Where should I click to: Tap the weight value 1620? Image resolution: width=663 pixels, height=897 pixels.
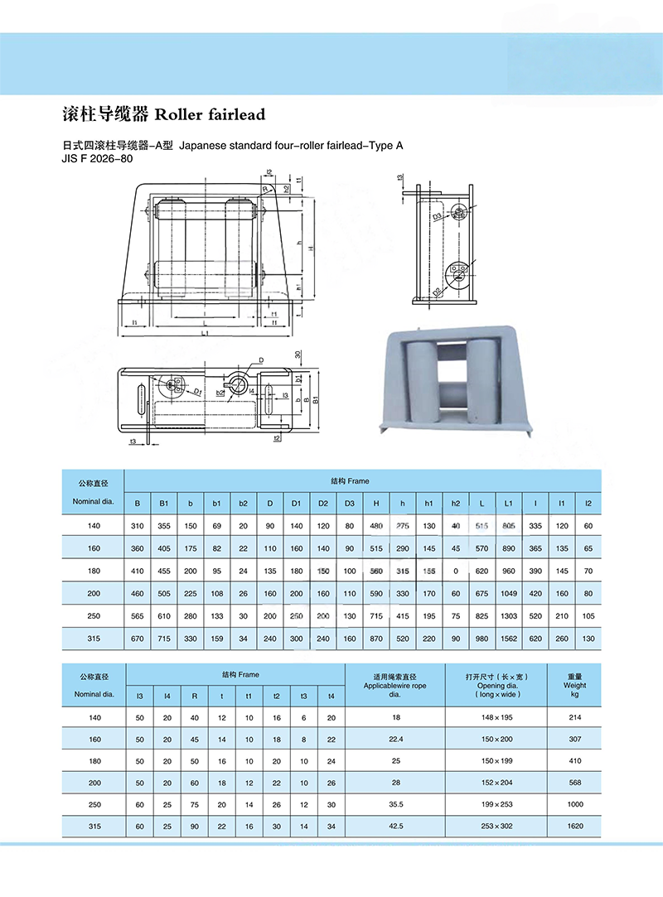[573, 825]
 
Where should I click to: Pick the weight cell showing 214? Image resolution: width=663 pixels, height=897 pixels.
[573, 717]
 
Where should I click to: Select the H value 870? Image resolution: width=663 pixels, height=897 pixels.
[376, 638]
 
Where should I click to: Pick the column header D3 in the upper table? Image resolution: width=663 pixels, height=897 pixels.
[349, 503]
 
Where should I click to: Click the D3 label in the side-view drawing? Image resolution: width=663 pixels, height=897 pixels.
[437, 216]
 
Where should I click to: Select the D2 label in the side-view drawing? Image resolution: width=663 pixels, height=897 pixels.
[436, 291]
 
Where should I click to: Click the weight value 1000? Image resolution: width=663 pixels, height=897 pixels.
[573, 803]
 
